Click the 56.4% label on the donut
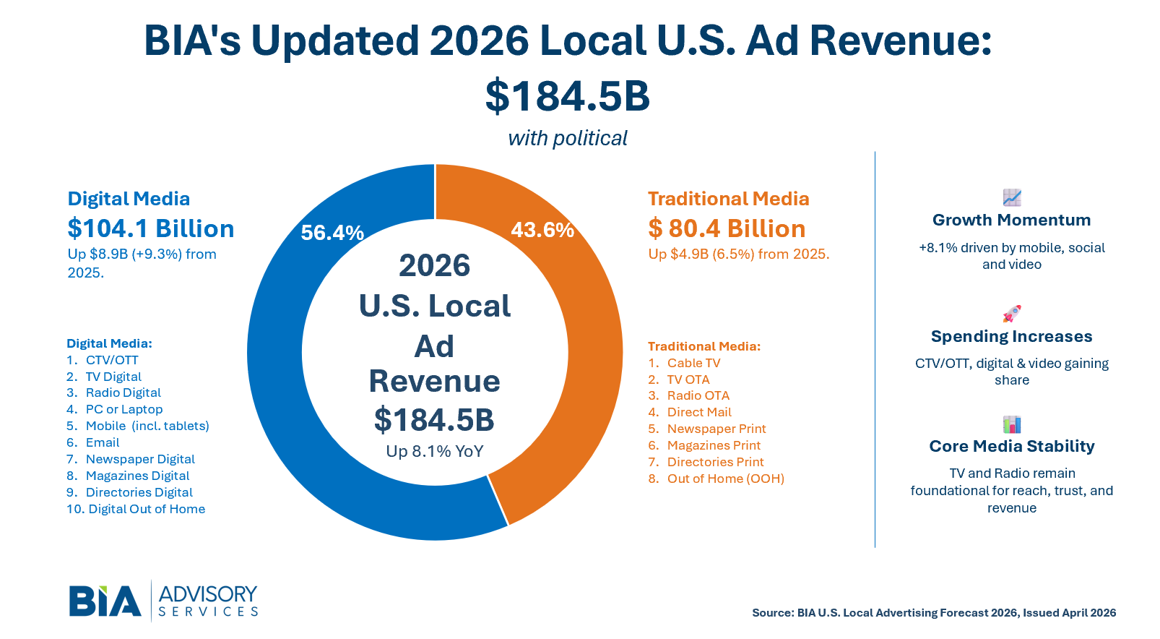pyautogui.click(x=332, y=233)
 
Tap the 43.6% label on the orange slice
pyautogui.click(x=542, y=230)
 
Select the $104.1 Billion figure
pyautogui.click(x=151, y=228)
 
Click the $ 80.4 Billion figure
pyautogui.click(x=727, y=228)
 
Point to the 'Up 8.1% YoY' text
pyautogui.click(x=435, y=452)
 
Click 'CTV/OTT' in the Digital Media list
pyautogui.click(x=112, y=360)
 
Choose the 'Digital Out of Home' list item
pyautogui.click(x=147, y=509)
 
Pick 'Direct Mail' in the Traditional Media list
pyautogui.click(x=699, y=412)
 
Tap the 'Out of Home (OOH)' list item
pyautogui.click(x=725, y=479)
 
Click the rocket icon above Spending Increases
pyautogui.click(x=1012, y=314)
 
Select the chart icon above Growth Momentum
pyautogui.click(x=1012, y=197)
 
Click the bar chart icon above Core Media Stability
pyautogui.click(x=1012, y=424)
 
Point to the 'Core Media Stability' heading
pyautogui.click(x=1011, y=446)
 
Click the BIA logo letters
pyautogui.click(x=105, y=601)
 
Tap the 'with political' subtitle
pyautogui.click(x=568, y=138)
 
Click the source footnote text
pyautogui.click(x=934, y=613)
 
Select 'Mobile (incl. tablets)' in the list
pyautogui.click(x=147, y=426)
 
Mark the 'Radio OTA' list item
pyautogui.click(x=698, y=395)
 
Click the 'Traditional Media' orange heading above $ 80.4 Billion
pyautogui.click(x=728, y=199)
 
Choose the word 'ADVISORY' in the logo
pyautogui.click(x=208, y=594)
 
